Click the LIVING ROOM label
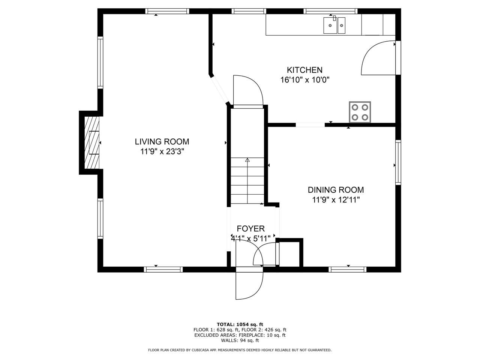pos(162,142)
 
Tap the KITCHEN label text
pos(304,70)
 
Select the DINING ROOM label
pos(336,190)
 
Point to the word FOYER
pos(250,229)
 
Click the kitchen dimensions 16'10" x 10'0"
pos(304,80)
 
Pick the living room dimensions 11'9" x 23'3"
pos(162,151)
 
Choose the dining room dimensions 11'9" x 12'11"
pos(336,199)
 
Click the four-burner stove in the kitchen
pos(360,112)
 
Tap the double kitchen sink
pos(334,25)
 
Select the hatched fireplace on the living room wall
pos(92,142)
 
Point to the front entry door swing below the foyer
pos(249,286)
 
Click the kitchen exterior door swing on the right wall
pos(378,58)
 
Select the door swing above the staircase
pos(248,90)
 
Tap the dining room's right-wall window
pos(398,162)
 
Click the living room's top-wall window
pos(167,11)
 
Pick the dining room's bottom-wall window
pos(348,270)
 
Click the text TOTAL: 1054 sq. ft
pos(240,330)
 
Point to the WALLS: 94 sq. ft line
pos(240,346)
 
